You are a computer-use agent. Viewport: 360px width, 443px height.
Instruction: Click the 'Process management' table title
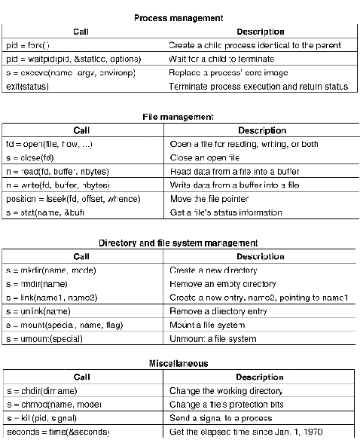[x=178, y=17]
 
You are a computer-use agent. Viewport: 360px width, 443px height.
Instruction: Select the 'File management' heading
[x=178, y=117]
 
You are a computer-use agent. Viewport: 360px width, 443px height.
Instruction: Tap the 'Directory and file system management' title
[x=178, y=243]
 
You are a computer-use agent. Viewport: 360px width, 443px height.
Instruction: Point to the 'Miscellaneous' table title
[x=178, y=363]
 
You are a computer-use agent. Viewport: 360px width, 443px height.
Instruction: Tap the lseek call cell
[x=62, y=199]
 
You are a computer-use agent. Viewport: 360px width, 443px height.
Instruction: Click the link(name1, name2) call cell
[x=51, y=298]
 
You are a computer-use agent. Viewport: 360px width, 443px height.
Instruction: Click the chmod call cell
[x=53, y=404]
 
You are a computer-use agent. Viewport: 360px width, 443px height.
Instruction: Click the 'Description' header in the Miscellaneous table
[x=260, y=377]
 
